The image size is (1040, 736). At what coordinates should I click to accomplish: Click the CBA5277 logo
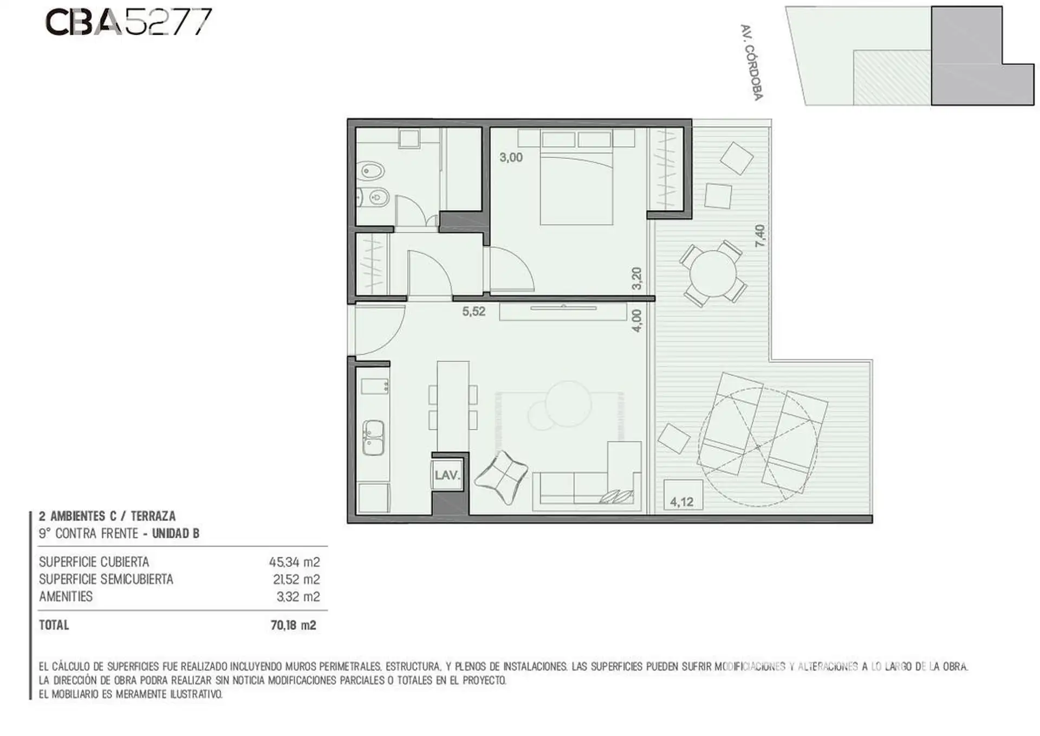coord(128,23)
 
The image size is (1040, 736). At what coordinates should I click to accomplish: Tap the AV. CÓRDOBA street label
coord(751,62)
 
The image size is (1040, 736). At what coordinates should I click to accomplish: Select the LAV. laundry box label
coord(447,476)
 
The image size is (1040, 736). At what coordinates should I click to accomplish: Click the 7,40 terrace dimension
coord(760,236)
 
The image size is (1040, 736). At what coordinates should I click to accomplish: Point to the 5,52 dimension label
coord(473,311)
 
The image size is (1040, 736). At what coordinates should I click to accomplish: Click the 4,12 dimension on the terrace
coord(681,502)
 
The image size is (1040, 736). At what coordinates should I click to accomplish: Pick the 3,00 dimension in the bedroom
coord(511,158)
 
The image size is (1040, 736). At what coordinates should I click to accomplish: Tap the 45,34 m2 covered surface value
coord(295,562)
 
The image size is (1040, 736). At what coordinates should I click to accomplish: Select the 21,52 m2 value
coord(296,579)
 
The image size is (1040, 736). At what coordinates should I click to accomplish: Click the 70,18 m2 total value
coord(293,626)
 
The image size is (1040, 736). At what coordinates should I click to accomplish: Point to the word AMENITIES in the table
coord(66,597)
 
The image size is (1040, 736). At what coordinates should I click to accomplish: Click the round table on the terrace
coord(713,274)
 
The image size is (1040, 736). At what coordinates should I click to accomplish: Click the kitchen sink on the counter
coord(373,438)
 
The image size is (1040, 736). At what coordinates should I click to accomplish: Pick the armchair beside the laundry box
coord(501,478)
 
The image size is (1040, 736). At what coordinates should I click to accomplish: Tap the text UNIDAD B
coord(175,534)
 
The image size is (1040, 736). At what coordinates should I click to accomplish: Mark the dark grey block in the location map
coord(982,56)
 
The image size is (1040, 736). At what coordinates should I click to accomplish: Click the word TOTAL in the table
coord(54,626)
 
